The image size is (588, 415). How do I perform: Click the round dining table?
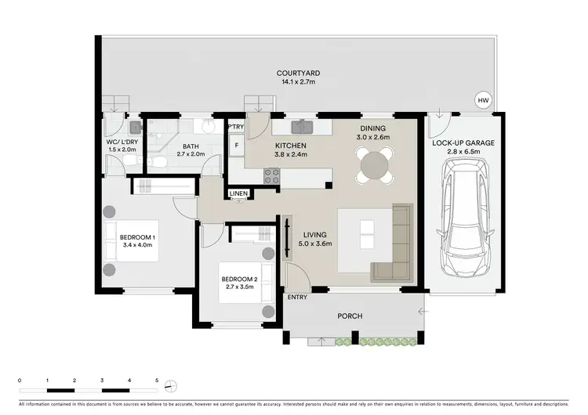pyautogui.click(x=376, y=165)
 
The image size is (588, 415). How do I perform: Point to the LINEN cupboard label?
pyautogui.click(x=238, y=193)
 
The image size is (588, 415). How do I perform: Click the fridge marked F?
pyautogui.click(x=235, y=145)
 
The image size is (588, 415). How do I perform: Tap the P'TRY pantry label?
pyautogui.click(x=235, y=127)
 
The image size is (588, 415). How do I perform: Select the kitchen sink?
pyautogui.click(x=303, y=125)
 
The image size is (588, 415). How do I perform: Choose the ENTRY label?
pyautogui.click(x=298, y=297)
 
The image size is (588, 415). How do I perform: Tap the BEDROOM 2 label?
pyautogui.click(x=239, y=280)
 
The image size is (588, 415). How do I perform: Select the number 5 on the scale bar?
pyautogui.click(x=157, y=381)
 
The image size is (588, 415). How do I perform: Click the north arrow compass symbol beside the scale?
pyautogui.click(x=173, y=385)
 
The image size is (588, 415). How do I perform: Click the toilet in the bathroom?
pyautogui.click(x=158, y=161)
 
